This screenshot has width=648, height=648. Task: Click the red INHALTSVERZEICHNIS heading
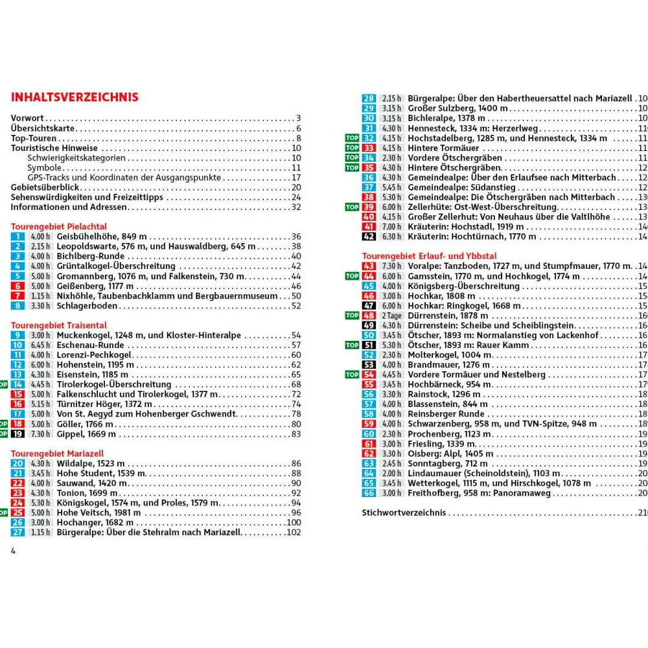(x=75, y=97)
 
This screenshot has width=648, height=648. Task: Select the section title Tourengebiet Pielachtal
(x=59, y=227)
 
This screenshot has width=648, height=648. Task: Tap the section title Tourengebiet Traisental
(x=59, y=325)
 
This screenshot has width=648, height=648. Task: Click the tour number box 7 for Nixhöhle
(x=17, y=296)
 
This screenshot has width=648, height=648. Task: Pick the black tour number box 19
(x=17, y=434)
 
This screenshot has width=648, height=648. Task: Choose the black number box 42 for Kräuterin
(x=369, y=237)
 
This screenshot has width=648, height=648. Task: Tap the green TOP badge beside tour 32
(x=352, y=138)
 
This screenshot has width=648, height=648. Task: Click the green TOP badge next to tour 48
(x=352, y=316)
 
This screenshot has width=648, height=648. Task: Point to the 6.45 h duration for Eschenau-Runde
(x=40, y=345)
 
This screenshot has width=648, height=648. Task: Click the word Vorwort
(x=27, y=118)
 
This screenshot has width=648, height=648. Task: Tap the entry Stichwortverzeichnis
(x=404, y=513)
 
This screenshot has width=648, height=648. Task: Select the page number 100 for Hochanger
(x=294, y=522)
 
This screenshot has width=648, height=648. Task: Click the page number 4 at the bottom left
(x=13, y=551)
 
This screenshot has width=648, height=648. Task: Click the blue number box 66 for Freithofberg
(x=369, y=493)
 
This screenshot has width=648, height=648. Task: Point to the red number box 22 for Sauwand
(x=17, y=483)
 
